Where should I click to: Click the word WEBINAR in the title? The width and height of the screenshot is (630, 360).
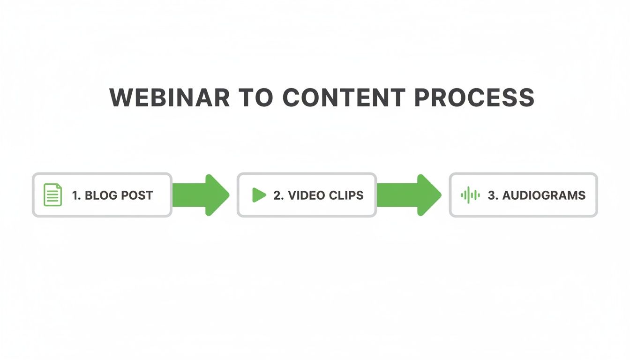click(x=169, y=97)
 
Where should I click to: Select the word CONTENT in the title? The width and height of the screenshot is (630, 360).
click(x=344, y=97)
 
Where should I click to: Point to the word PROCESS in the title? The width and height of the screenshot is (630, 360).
click(x=474, y=97)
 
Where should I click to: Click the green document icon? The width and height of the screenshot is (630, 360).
click(x=53, y=195)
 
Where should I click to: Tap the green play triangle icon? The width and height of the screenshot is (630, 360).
click(x=259, y=195)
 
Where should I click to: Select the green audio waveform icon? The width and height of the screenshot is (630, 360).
click(x=470, y=195)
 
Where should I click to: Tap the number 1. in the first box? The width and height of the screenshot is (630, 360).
click(x=76, y=195)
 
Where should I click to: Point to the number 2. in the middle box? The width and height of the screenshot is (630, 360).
click(x=278, y=195)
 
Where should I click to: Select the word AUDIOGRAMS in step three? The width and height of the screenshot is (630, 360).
click(x=544, y=195)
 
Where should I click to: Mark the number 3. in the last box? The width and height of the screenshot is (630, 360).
click(x=493, y=195)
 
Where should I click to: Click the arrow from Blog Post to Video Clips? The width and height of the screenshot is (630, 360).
click(x=201, y=195)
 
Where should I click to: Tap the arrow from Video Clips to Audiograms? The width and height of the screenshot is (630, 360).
click(x=409, y=195)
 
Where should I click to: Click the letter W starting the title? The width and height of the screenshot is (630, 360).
click(x=121, y=97)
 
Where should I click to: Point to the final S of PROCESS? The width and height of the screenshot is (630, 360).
click(x=526, y=97)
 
